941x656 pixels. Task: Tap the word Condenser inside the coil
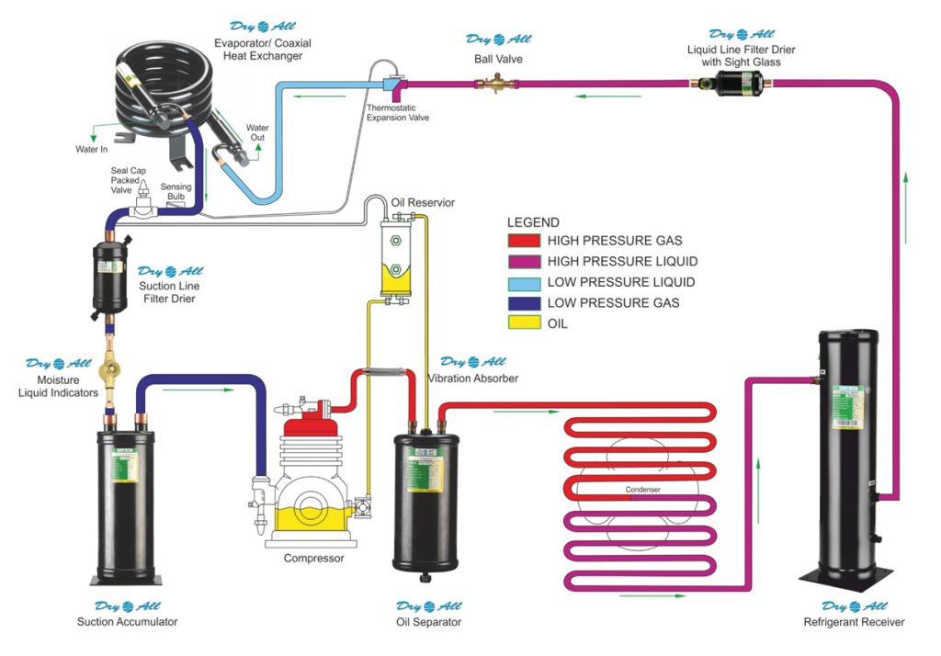coord(642,490)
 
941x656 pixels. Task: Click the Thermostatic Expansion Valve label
coord(397,112)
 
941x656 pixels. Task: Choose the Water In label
coord(92,149)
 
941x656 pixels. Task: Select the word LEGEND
coord(533,222)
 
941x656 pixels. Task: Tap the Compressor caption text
coord(313,559)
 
